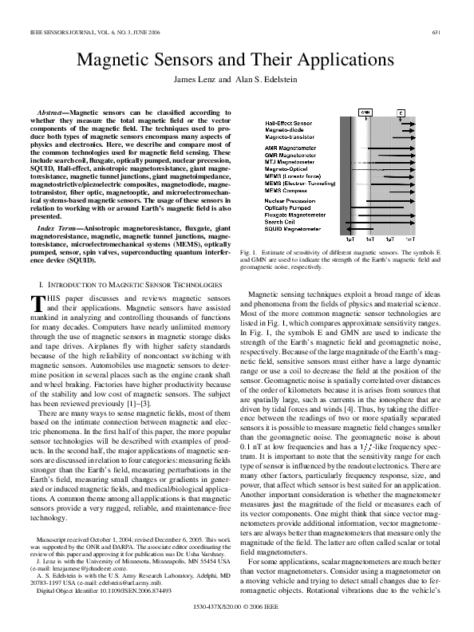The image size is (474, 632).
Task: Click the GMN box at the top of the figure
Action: [x=366, y=113]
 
